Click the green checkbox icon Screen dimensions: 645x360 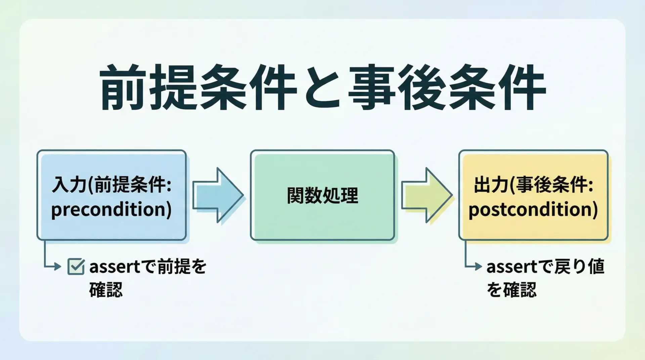point(76,267)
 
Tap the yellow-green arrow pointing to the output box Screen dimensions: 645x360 point(427,195)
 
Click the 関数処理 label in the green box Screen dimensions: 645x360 point(322,195)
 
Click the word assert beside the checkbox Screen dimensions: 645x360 point(115,267)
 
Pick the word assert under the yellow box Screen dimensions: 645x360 point(512,267)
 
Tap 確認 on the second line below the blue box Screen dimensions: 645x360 point(106,289)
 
